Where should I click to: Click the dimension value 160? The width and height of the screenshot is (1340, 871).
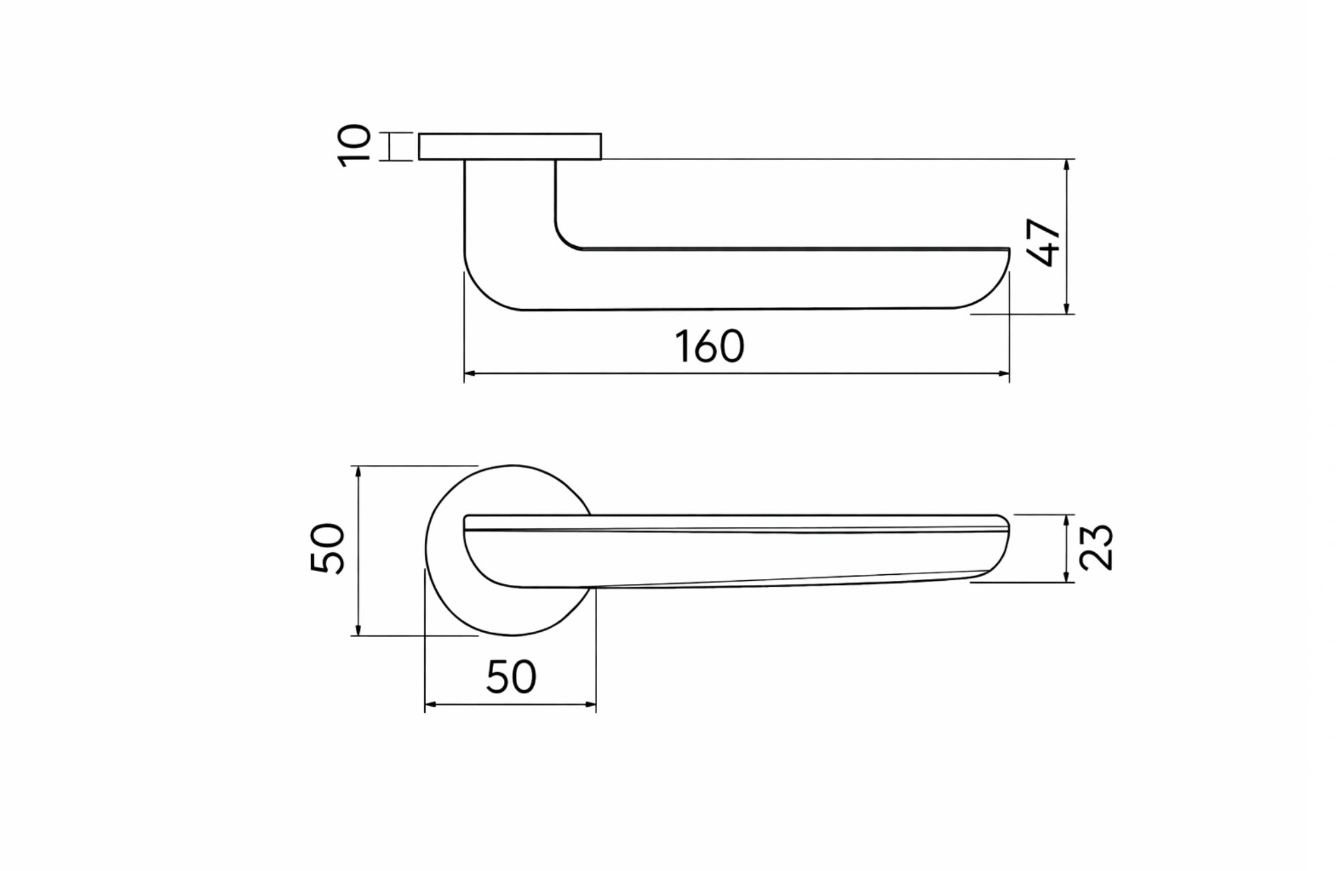point(710,346)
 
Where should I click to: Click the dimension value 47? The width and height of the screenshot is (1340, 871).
point(1043,242)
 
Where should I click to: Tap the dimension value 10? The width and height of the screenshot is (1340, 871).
point(354,145)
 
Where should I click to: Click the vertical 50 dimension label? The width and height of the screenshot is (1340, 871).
point(328,548)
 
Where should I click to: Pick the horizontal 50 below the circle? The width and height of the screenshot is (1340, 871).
point(511,677)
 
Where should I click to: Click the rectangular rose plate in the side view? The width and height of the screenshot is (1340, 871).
point(509,147)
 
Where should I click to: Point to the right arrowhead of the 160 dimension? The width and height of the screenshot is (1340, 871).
point(1004,373)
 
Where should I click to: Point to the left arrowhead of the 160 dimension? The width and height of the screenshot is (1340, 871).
point(469,373)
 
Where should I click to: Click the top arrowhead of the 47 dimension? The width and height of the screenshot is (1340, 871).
point(1066,164)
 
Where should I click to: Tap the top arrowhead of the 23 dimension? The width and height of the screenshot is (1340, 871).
point(1066,520)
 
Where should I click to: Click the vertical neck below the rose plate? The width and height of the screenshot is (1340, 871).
point(510,201)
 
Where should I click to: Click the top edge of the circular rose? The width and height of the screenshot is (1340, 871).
point(513,466)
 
